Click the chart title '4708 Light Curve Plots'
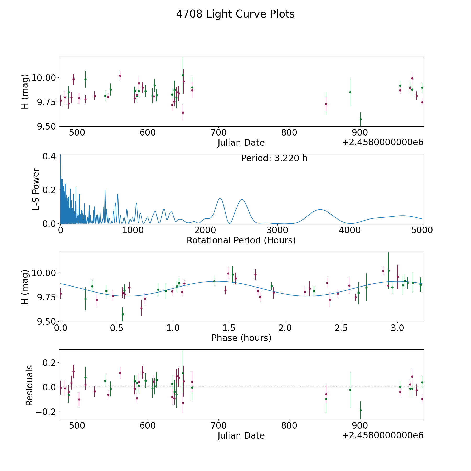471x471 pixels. pos(235,14)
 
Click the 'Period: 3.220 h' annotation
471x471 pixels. pos(274,158)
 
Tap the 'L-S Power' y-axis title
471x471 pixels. pos(36,189)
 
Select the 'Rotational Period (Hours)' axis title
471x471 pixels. pos(241,240)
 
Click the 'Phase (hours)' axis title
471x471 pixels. pos(241,338)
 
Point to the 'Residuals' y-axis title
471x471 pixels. pos(29,385)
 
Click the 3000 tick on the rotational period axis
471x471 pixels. pos(277,230)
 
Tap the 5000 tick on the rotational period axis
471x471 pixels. pos(422,230)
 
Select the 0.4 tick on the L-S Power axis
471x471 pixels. pos(49,156)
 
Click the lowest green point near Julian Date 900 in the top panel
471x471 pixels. pos(360,119)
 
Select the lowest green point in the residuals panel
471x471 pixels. pos(360,410)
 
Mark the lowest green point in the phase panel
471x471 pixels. pos(123,314)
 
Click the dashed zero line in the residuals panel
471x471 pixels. pos(262,387)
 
